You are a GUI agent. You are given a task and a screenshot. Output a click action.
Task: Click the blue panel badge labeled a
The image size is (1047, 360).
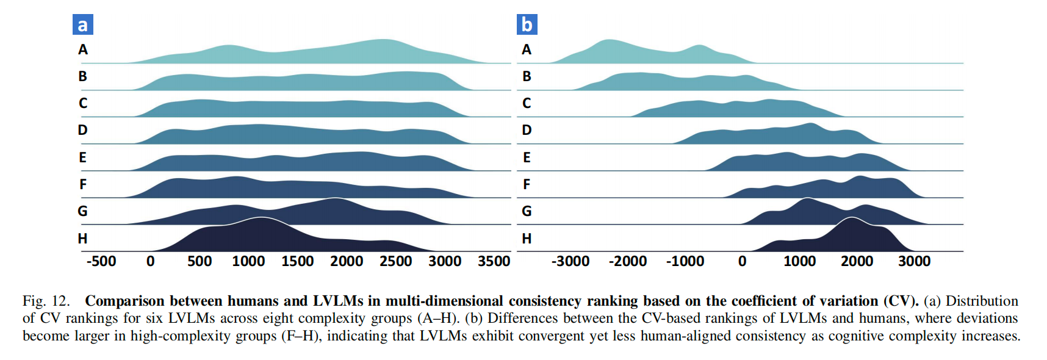[x=82, y=25]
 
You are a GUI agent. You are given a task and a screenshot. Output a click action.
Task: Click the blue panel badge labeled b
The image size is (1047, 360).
[x=527, y=25]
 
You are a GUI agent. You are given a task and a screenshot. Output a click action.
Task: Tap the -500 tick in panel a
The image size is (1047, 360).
[x=101, y=262]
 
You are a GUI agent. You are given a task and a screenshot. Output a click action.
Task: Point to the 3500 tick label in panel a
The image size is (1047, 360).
[x=494, y=262]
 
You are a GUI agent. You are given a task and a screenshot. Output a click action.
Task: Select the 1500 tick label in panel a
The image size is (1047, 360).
[x=297, y=262]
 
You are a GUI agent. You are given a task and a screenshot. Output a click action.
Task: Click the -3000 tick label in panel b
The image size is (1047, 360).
[x=570, y=262]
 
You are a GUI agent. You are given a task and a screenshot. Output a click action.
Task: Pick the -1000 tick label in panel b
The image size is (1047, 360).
[x=685, y=262]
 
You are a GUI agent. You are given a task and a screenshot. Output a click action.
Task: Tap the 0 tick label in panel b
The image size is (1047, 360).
[x=742, y=262]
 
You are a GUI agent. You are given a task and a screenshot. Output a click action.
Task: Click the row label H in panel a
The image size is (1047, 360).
[x=82, y=239]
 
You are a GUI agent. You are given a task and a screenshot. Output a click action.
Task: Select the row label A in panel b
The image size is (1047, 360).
[x=527, y=50]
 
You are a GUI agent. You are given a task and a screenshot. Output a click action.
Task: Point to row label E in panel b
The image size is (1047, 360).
[x=527, y=158]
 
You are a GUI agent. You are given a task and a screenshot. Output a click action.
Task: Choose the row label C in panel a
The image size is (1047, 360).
[x=83, y=104]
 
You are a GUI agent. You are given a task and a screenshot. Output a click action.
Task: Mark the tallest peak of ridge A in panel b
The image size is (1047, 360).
[x=608, y=41]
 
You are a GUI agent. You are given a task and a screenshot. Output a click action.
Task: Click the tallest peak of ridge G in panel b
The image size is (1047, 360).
[x=807, y=200]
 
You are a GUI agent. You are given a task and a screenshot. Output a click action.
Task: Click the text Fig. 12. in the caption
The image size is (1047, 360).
[x=46, y=301]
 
